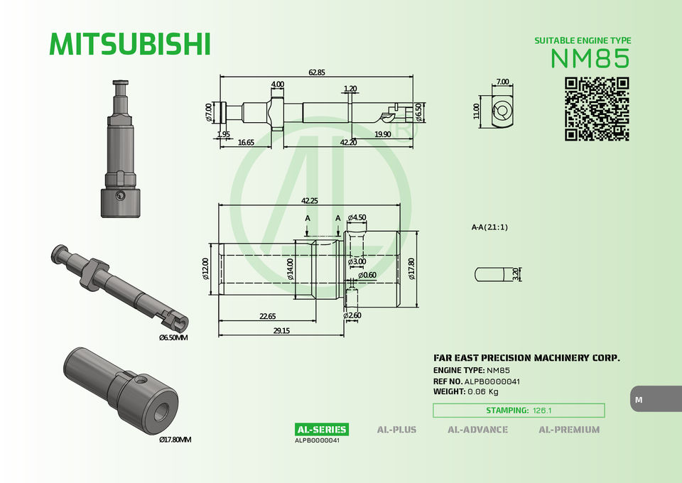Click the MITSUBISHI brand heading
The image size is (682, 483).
(x=130, y=44)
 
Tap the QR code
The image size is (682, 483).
(x=597, y=109)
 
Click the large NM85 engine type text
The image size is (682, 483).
(x=590, y=58)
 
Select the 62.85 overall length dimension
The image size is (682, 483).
(x=317, y=72)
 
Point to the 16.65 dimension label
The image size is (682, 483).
(x=246, y=142)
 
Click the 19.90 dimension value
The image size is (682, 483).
(x=382, y=134)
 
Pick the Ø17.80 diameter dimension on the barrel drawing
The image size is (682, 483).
(x=412, y=268)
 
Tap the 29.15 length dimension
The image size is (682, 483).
(x=281, y=330)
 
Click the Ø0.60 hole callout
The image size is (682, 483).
(x=367, y=275)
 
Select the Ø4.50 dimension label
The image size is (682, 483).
(x=357, y=217)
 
